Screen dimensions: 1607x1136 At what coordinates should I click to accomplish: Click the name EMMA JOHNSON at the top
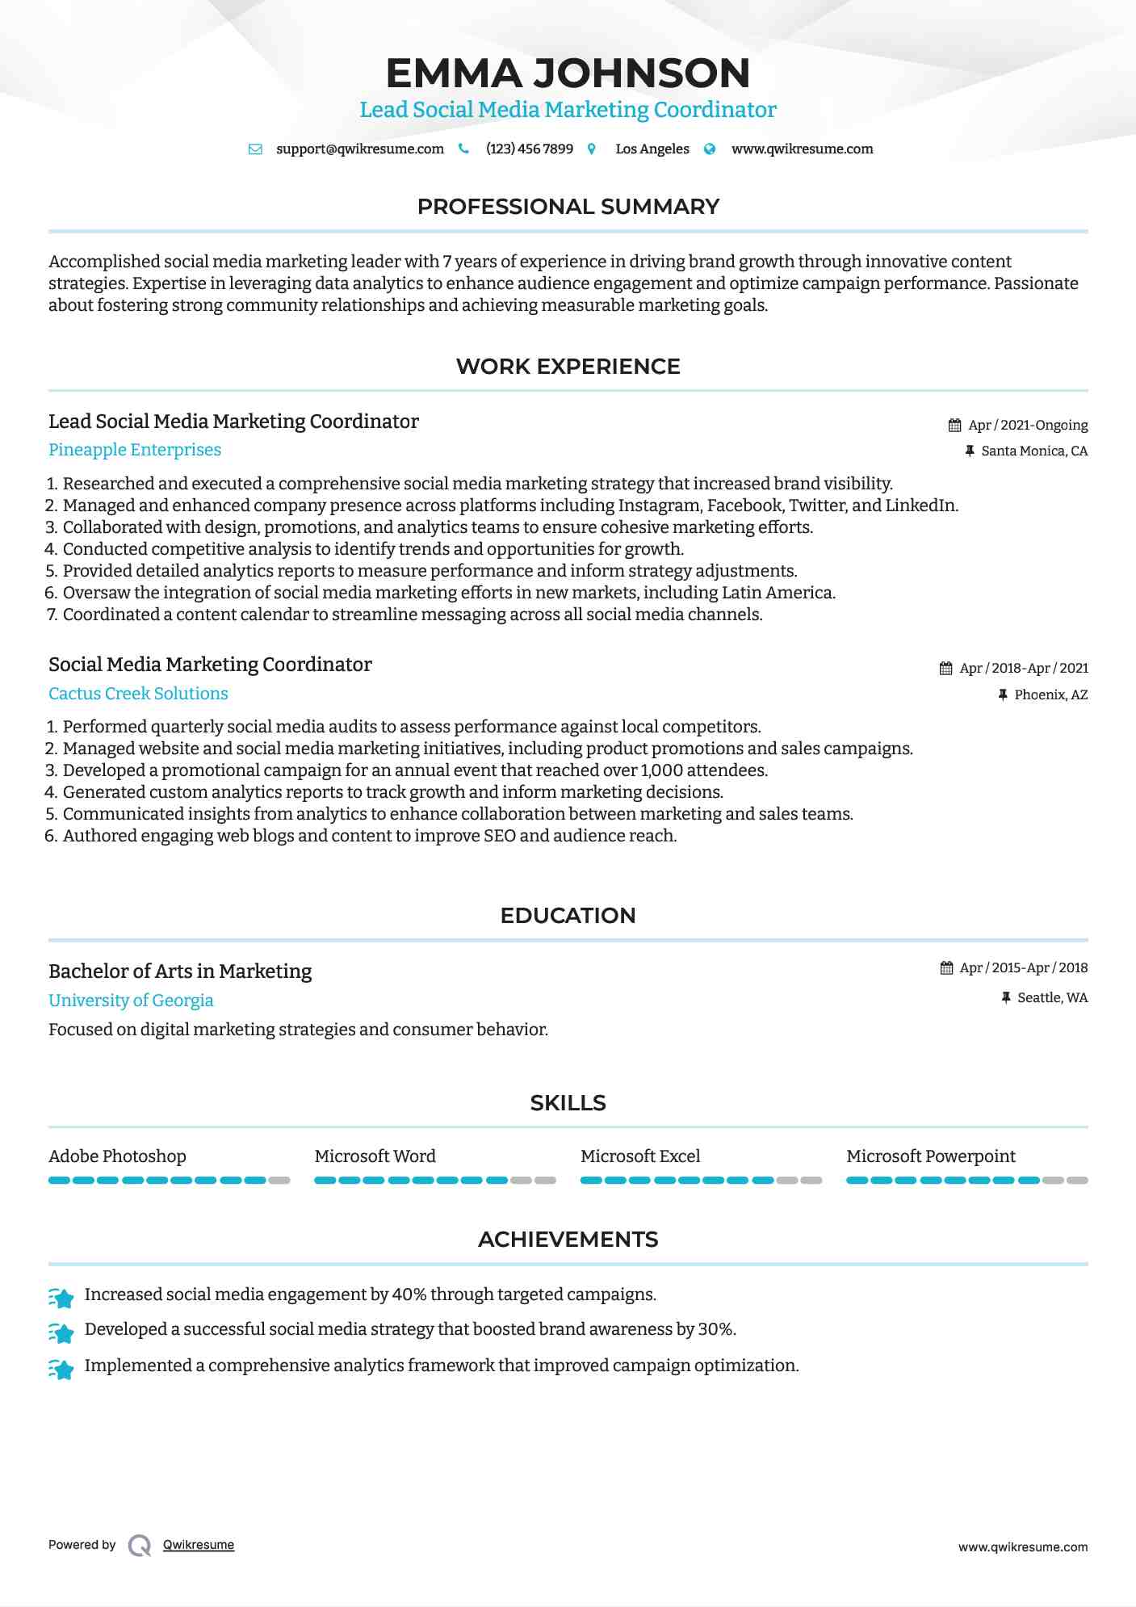(x=568, y=73)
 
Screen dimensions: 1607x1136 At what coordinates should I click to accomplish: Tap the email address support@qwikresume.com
(x=359, y=149)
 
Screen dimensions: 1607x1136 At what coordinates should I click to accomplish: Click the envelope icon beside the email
(x=255, y=149)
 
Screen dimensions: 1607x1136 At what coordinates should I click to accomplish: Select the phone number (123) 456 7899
(x=529, y=149)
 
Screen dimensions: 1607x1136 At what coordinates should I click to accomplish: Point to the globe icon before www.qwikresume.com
(x=710, y=149)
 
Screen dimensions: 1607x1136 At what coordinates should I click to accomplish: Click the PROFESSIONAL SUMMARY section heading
(x=568, y=207)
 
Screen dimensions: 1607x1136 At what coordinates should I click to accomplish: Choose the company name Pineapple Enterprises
(x=135, y=450)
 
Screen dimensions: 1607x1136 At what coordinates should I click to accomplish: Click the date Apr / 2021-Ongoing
(x=1027, y=425)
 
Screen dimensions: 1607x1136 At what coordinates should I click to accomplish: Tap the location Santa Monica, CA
(x=1033, y=451)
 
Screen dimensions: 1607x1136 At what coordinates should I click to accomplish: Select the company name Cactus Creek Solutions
(x=138, y=694)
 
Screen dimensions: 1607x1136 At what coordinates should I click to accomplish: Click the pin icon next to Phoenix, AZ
(x=1003, y=694)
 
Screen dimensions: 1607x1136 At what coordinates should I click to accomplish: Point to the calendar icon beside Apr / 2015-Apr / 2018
(x=946, y=967)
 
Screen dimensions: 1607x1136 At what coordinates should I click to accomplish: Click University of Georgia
(x=131, y=1001)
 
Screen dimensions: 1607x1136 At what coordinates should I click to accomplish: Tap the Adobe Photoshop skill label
(x=117, y=1156)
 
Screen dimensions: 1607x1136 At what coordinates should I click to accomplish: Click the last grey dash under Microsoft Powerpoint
(x=1077, y=1181)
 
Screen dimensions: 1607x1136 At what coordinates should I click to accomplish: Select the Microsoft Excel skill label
(x=640, y=1156)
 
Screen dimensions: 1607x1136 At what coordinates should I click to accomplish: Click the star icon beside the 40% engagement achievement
(x=61, y=1297)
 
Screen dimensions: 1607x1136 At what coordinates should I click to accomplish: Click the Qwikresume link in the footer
(x=199, y=1545)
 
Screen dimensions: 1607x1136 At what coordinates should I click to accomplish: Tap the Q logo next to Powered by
(x=140, y=1546)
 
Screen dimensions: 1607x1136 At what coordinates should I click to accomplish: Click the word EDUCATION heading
(x=568, y=916)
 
